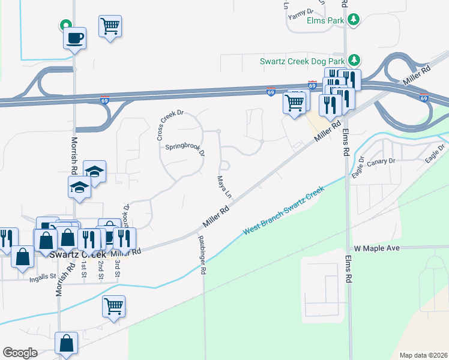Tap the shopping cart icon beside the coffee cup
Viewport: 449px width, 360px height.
[x=110, y=27]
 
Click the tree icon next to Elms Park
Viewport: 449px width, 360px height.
[x=354, y=20]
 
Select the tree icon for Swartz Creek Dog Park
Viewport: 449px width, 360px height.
[x=354, y=60]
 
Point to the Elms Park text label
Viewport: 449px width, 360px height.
[x=324, y=20]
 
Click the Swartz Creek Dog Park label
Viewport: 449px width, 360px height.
[x=302, y=61]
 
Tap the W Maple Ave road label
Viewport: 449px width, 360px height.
[x=376, y=248]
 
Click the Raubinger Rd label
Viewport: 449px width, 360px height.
[x=202, y=254]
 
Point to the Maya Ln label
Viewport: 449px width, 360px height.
[x=223, y=186]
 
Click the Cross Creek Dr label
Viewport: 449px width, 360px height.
[x=169, y=124]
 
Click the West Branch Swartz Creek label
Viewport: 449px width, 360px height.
[x=283, y=212]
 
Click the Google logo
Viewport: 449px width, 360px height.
[x=20, y=352]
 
